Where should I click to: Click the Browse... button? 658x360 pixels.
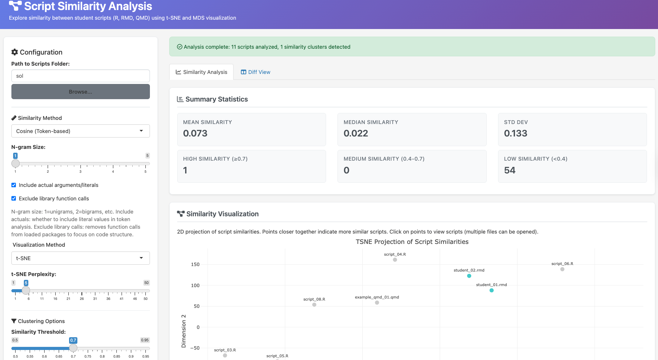(x=80, y=92)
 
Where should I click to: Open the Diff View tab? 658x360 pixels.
(x=256, y=72)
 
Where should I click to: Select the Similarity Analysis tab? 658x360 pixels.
(x=201, y=72)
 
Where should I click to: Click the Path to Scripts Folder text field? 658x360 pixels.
(x=80, y=76)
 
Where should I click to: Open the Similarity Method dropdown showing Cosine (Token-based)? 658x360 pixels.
(x=80, y=131)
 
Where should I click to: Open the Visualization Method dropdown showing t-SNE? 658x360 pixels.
(x=80, y=258)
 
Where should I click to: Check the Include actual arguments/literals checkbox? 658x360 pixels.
(x=14, y=185)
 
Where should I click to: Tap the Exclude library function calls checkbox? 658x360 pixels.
(x=14, y=198)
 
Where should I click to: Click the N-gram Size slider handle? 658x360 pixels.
(x=16, y=163)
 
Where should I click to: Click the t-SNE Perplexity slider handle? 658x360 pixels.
(x=26, y=291)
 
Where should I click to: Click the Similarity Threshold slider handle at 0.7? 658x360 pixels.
(x=73, y=348)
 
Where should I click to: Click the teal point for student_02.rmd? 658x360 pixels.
(x=469, y=276)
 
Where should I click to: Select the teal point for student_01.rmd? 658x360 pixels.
(x=492, y=290)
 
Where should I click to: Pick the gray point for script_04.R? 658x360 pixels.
(x=395, y=260)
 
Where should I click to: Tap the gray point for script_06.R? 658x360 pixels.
(x=562, y=269)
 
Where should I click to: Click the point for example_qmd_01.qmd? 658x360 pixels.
(x=377, y=303)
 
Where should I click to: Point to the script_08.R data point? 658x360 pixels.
(x=314, y=305)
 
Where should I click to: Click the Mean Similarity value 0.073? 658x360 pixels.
(x=195, y=133)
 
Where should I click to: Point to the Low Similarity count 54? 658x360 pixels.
(x=509, y=170)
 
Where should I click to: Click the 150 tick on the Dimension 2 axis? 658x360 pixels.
(x=195, y=264)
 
